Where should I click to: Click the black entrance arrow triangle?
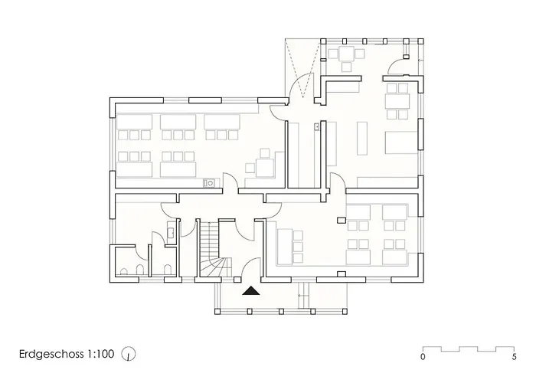coord(251,290)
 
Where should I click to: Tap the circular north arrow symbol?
coord(130,354)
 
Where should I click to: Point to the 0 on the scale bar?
coord(423,357)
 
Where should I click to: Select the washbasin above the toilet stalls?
coord(171,231)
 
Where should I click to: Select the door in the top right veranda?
coord(399,64)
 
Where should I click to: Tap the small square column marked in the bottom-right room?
coord(339,220)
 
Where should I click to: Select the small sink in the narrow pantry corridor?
coord(315,127)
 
